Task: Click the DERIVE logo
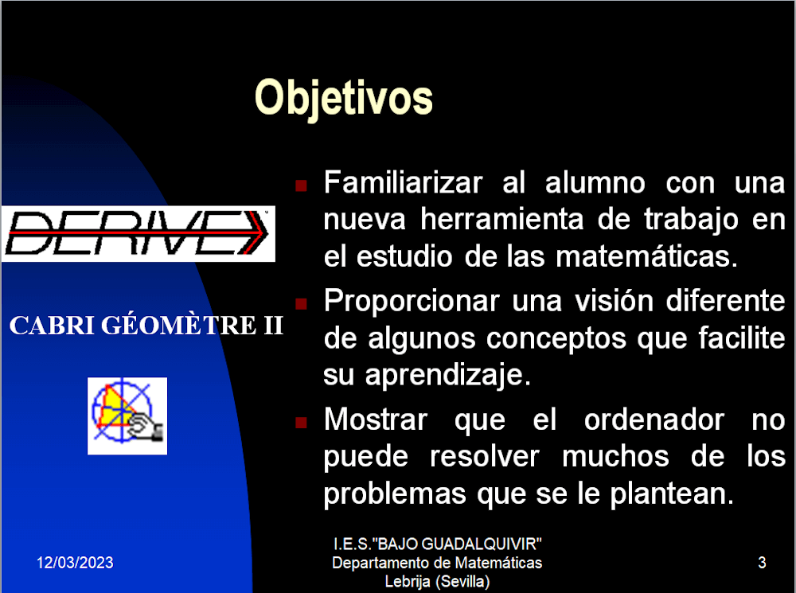[x=138, y=233]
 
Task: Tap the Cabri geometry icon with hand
[x=127, y=415]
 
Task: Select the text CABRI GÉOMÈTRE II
[x=146, y=326]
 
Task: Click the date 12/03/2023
[x=75, y=563]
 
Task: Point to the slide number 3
[x=762, y=563]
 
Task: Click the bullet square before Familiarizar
[x=301, y=185]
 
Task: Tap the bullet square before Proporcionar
[x=301, y=303]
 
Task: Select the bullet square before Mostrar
[x=301, y=423]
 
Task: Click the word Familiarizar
[x=403, y=182]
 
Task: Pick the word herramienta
[x=502, y=220]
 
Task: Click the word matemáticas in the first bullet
[x=646, y=256]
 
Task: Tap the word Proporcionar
[x=412, y=301]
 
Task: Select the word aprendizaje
[x=447, y=376]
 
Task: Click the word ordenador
[x=654, y=419]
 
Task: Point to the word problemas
[x=395, y=494]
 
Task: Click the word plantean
[x=672, y=494]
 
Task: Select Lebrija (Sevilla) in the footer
[x=437, y=581]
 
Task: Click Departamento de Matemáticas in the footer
[x=437, y=563]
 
